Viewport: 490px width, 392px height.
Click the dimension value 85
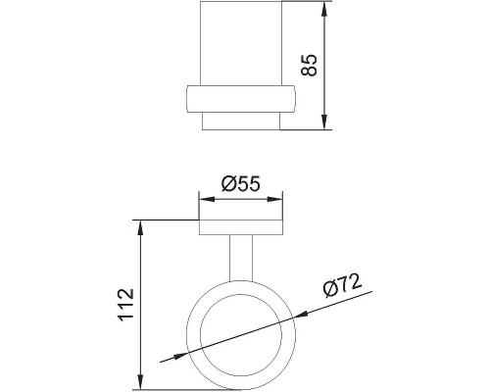click(309, 65)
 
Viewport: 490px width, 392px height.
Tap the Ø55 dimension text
click(241, 183)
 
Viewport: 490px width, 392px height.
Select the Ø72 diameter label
click(342, 285)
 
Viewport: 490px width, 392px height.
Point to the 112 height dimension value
click(126, 305)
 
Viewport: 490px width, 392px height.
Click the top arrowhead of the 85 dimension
click(324, 9)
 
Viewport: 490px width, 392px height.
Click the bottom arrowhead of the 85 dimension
click(324, 122)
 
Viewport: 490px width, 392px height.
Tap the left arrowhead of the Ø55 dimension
click(207, 199)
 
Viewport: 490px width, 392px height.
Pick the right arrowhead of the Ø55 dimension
click(274, 199)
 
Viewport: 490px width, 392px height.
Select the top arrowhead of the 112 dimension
click(140, 228)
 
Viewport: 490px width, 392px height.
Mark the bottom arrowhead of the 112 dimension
click(140, 382)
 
